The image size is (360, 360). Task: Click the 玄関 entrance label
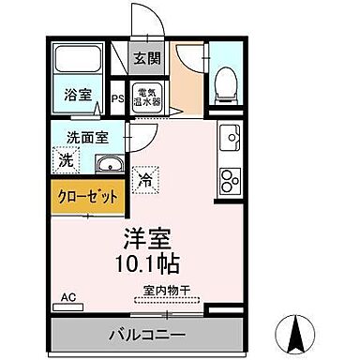145,59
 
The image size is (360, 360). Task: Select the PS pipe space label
119,96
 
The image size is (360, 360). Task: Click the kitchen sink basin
229,141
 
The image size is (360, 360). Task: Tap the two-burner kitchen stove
229,179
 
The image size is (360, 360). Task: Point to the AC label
67,297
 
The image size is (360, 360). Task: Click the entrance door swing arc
187,52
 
